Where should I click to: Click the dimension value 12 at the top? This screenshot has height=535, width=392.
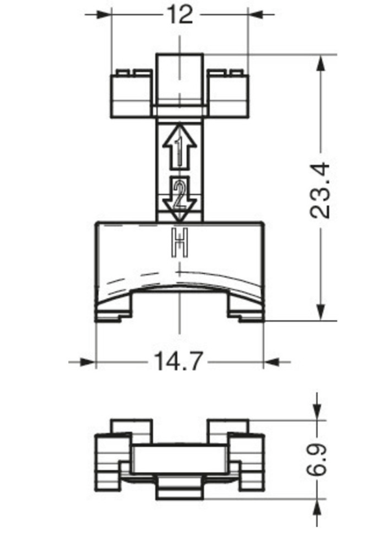coord(180,14)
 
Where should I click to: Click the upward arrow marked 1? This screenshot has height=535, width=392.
coord(178,147)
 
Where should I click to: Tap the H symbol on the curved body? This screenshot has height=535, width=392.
coord(179,243)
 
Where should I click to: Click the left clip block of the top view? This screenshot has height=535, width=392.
coord(133,94)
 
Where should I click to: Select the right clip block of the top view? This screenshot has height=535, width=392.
coord(227,94)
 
